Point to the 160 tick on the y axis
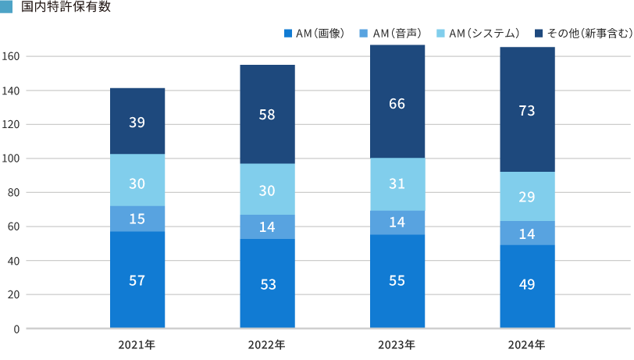11,57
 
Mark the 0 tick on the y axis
16,329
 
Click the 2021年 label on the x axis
137,344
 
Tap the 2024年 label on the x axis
527,344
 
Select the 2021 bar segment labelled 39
137,121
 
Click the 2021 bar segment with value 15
137,219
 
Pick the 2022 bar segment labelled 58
267,114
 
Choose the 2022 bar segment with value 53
267,283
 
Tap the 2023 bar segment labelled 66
397,102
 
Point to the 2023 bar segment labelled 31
397,184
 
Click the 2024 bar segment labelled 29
527,197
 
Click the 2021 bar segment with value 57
137,280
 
